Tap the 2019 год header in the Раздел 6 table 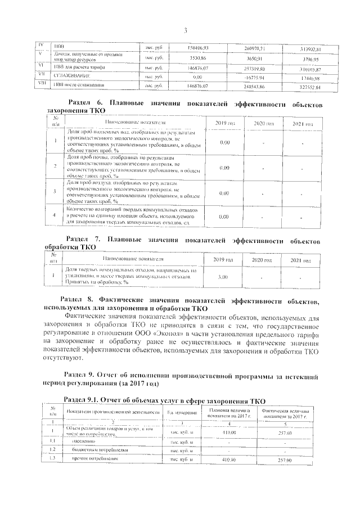point(223,123)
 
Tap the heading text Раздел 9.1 point(83,398)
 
